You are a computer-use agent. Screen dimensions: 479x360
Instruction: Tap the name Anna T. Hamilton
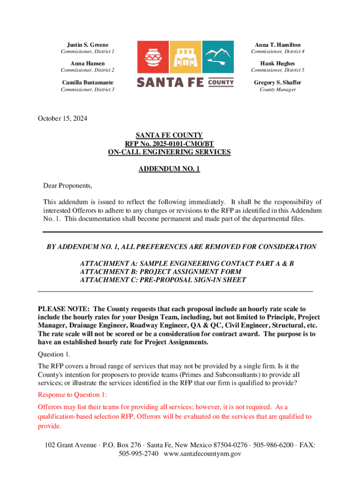tap(278, 44)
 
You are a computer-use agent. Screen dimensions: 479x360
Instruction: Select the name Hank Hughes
tap(278, 64)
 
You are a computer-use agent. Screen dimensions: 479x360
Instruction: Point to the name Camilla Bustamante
tap(87, 83)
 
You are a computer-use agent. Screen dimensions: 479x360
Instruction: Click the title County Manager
tap(278, 89)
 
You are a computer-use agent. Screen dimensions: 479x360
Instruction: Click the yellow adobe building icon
tap(185, 57)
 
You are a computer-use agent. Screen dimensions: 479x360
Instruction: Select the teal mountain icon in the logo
tap(218, 57)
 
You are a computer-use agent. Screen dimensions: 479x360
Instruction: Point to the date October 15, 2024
tap(62, 118)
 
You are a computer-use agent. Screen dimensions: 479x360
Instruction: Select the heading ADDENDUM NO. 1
tap(169, 169)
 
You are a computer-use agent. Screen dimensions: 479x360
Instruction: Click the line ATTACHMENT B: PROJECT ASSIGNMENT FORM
tap(161, 272)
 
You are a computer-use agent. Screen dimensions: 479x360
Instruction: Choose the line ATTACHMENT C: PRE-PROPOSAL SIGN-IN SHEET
tap(163, 280)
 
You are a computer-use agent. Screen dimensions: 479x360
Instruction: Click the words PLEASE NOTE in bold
tap(64, 309)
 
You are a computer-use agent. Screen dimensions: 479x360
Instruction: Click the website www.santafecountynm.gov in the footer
tap(203, 454)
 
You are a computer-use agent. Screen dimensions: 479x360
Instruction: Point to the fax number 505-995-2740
tap(138, 454)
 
